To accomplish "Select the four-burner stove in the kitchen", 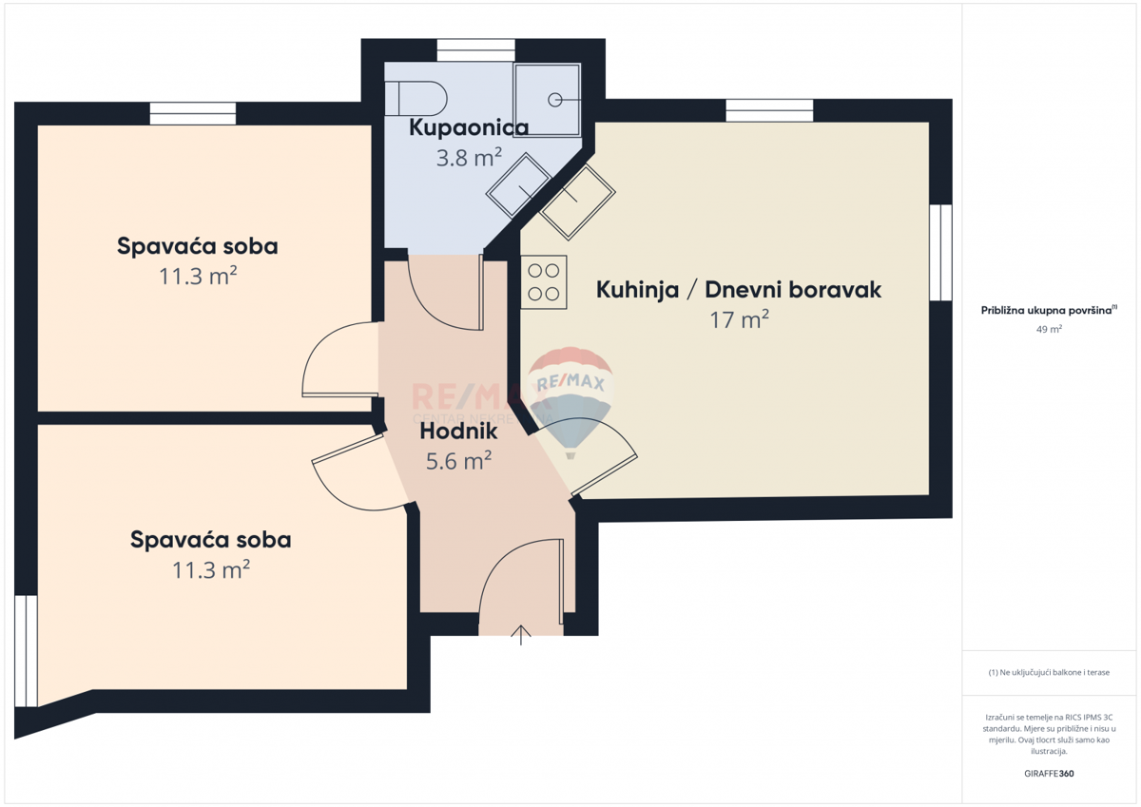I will (x=544, y=282).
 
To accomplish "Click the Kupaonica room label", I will (x=469, y=127).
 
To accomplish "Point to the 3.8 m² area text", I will (x=469, y=158).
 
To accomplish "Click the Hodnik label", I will (x=459, y=431).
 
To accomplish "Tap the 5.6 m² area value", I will (x=459, y=461).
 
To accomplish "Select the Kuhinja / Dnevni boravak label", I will (x=739, y=290).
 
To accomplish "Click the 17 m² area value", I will (x=739, y=320).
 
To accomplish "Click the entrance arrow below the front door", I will (x=521, y=635).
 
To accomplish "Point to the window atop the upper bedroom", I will (x=193, y=113).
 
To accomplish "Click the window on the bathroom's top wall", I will (x=475, y=50).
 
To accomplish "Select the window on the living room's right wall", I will (x=940, y=252).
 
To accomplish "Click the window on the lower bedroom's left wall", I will (x=26, y=651).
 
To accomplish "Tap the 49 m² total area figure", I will (x=1050, y=329).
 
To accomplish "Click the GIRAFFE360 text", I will (x=1050, y=774).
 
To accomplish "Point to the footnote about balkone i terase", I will (x=1050, y=672).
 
